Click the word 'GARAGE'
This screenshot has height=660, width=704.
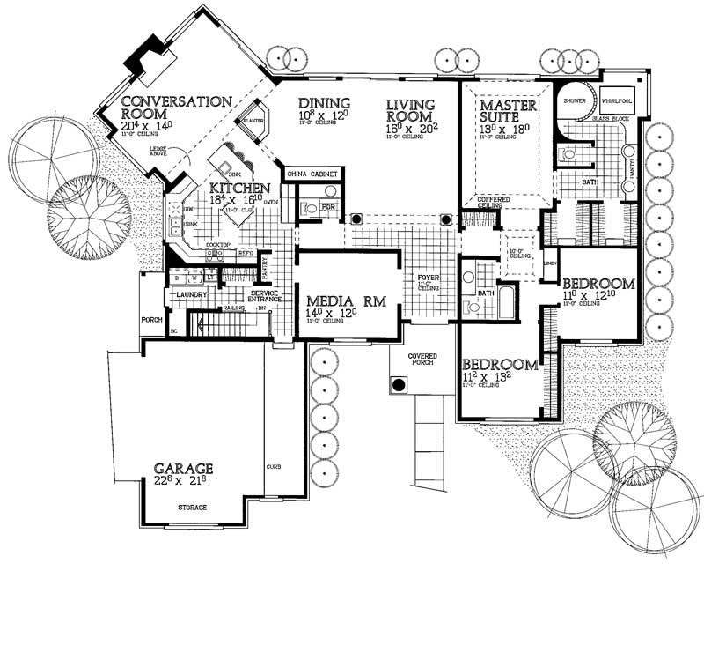point(184,468)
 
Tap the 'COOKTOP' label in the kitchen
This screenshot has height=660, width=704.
point(218,245)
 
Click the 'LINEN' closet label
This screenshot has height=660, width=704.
point(550,263)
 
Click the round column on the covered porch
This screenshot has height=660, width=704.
point(398,384)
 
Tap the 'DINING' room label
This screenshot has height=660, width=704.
point(323,103)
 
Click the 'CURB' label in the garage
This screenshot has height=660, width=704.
point(272,465)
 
